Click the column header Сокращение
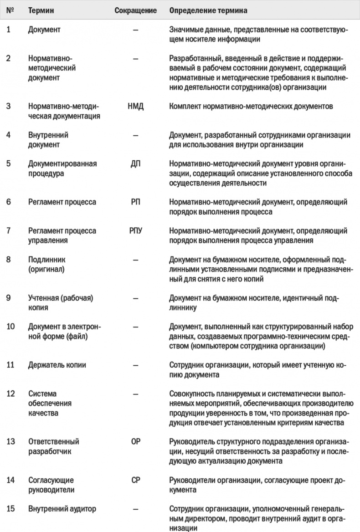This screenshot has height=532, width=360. point(136,10)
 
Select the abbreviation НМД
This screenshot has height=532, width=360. point(136,106)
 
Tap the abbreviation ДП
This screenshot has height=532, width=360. point(136,163)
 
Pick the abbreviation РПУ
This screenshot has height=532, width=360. point(136,231)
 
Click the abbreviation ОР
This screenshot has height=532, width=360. point(136,441)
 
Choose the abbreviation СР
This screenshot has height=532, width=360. point(136,480)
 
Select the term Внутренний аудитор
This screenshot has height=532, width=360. point(62,509)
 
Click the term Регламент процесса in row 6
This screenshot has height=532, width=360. point(62,202)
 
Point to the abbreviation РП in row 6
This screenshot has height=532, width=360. point(136,202)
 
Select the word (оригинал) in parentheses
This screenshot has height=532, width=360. point(47,269)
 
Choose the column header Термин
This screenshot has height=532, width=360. point(41,10)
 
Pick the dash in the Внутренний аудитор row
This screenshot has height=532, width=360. point(136,509)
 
